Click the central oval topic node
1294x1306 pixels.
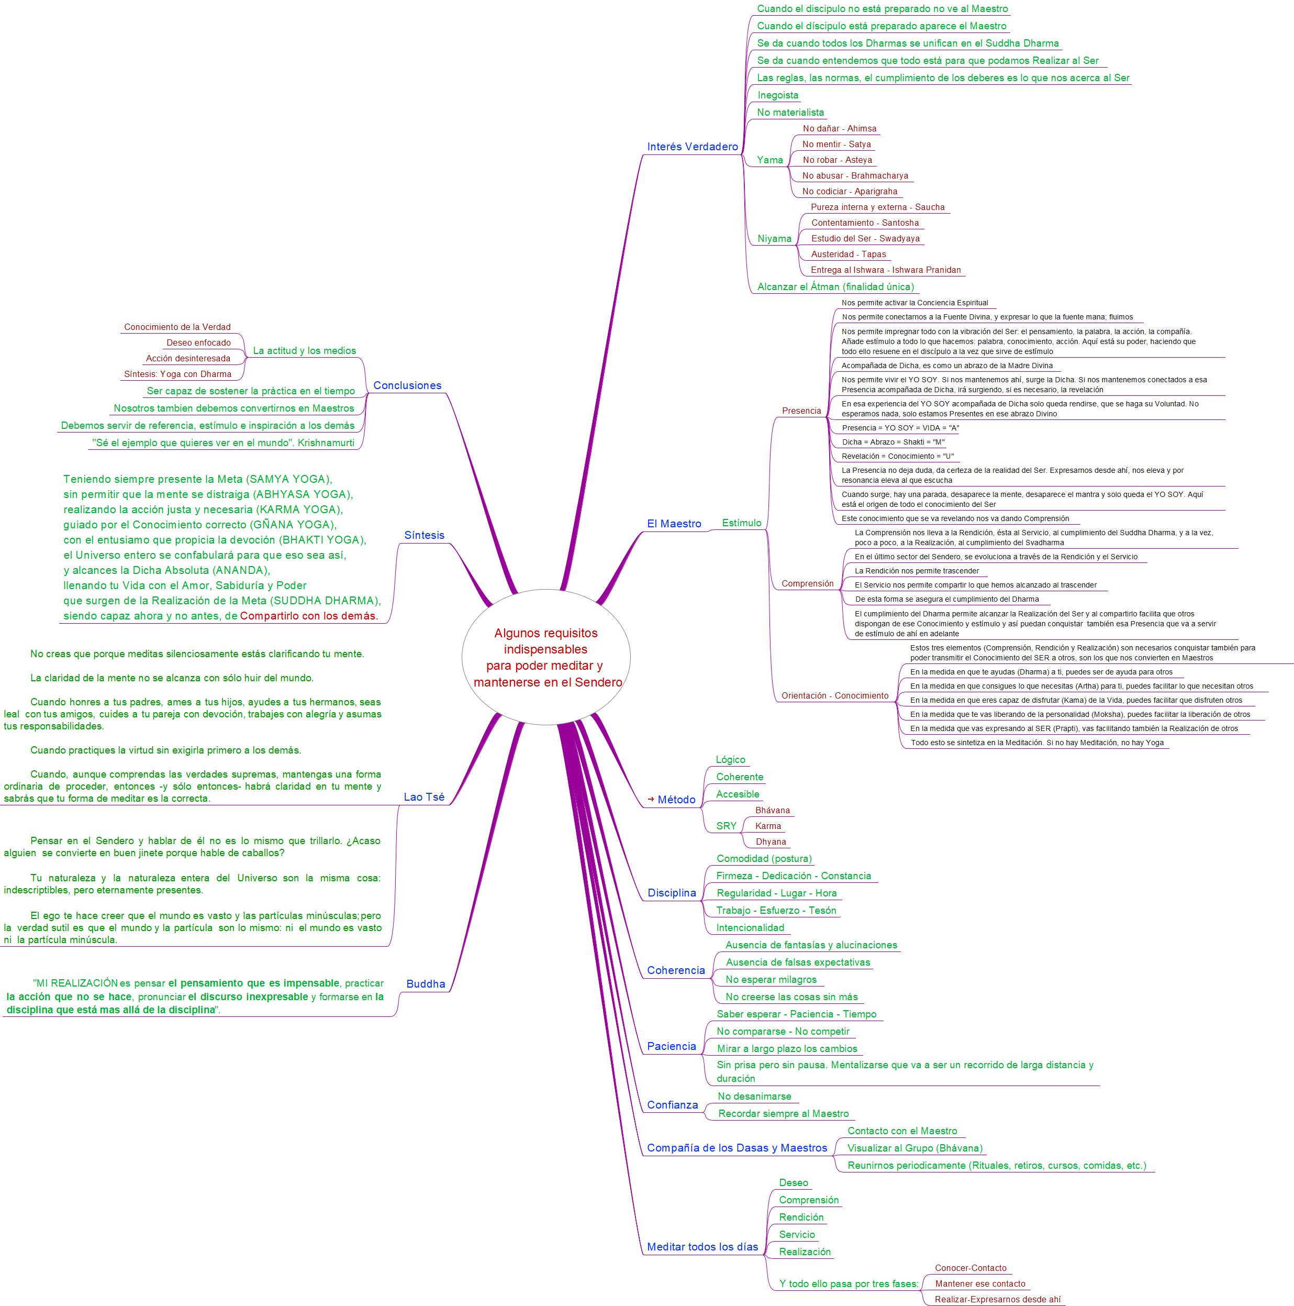(546, 657)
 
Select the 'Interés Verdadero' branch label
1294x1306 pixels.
(692, 147)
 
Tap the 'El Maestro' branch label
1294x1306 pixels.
(674, 523)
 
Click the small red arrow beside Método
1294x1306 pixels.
(651, 799)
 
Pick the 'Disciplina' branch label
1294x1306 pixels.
(671, 892)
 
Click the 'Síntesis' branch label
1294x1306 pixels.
(425, 535)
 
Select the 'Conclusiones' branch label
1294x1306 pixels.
(407, 385)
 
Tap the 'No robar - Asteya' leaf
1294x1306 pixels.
(836, 160)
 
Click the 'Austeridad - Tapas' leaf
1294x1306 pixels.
(848, 254)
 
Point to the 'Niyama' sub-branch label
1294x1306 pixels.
(774, 239)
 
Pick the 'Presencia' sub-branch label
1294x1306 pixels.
(801, 411)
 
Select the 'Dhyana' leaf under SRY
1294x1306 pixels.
(771, 842)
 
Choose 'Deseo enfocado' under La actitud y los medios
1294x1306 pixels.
(199, 342)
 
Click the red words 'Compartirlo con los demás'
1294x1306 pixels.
(308, 616)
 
